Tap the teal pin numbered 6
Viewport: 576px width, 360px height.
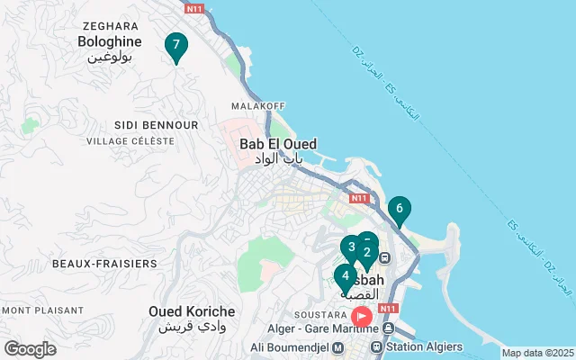click(400, 211)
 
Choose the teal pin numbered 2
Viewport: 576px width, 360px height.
click(368, 252)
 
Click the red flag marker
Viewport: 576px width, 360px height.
click(362, 317)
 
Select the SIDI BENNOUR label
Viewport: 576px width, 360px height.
click(156, 124)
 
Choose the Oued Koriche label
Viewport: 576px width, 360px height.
click(192, 311)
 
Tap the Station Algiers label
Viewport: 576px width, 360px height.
click(423, 346)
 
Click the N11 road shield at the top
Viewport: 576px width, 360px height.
click(193, 8)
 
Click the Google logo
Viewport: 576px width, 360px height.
click(30, 349)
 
